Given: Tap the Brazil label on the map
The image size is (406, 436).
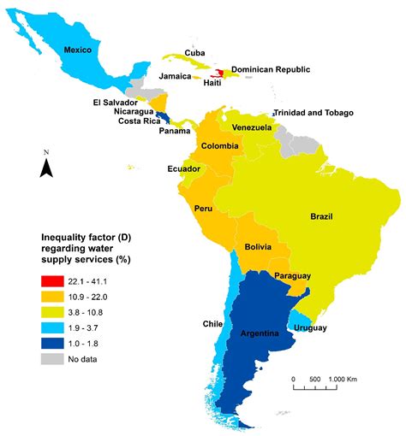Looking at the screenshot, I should pos(327,217).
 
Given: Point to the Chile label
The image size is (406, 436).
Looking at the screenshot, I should pos(212,324).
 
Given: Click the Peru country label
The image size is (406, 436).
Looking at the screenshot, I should pos(204,209).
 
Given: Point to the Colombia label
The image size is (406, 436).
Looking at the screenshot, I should pos(219,146).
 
